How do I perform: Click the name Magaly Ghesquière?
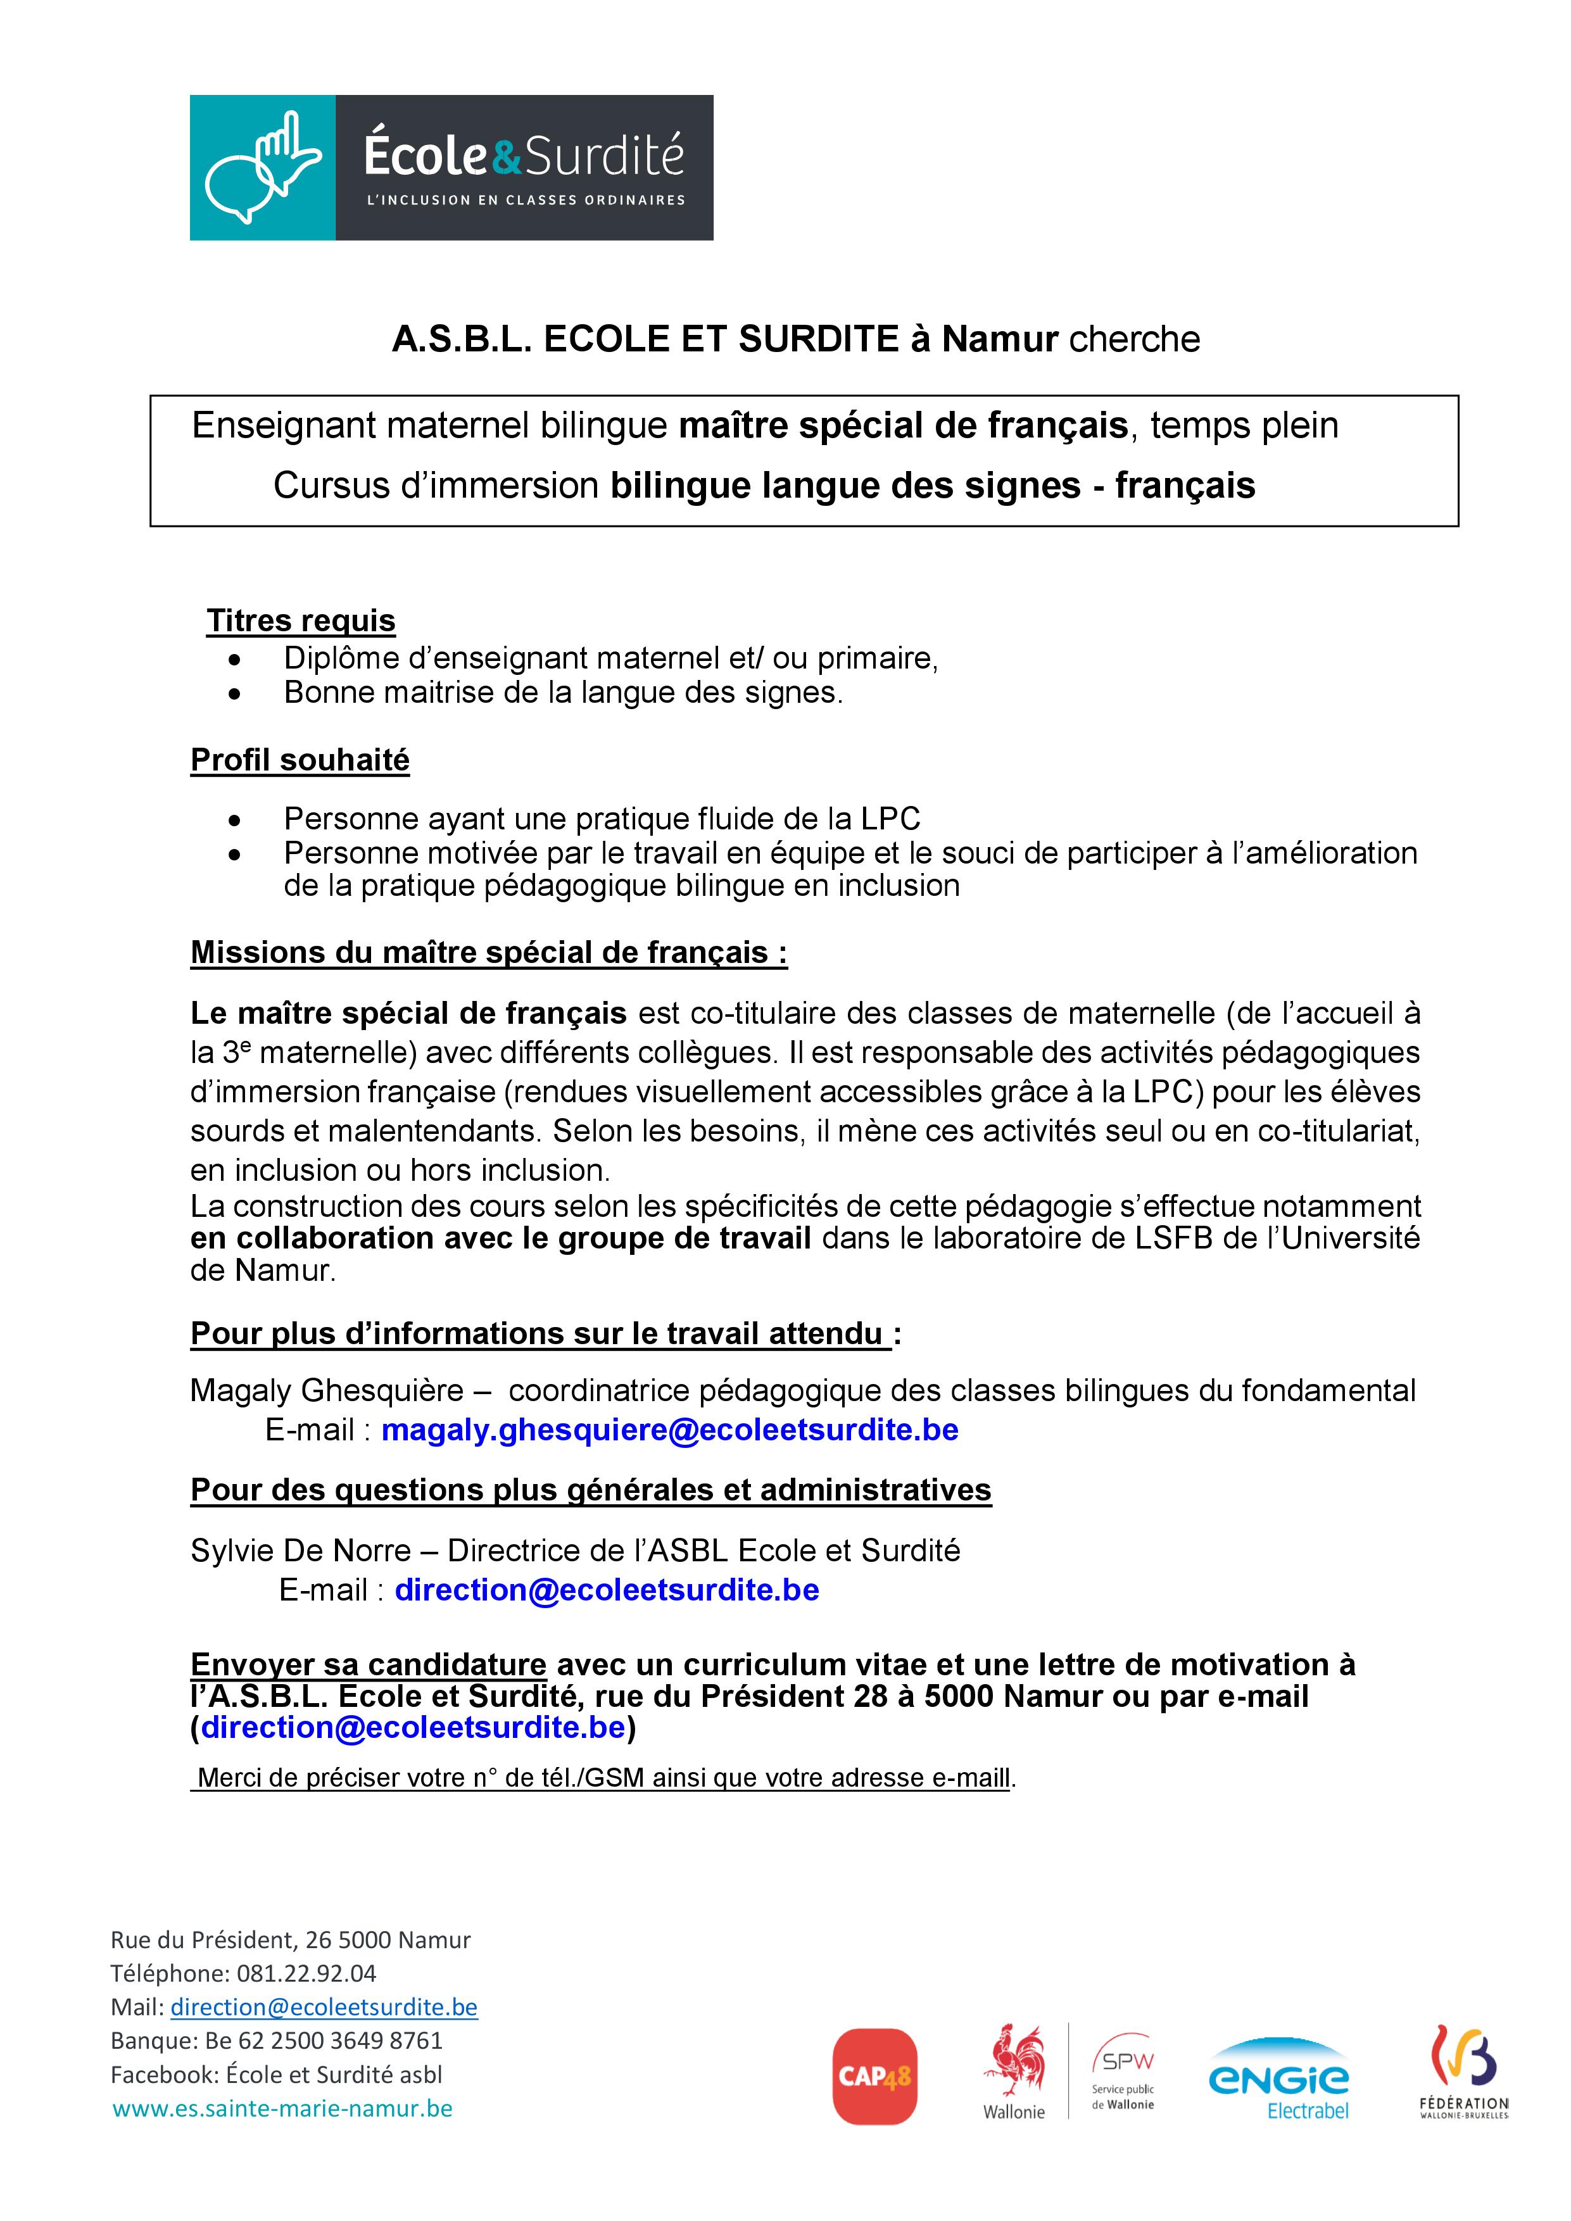tap(327, 1390)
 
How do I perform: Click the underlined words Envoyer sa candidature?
tap(369, 1664)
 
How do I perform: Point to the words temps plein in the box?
tap(1244, 425)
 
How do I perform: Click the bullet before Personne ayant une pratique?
tap(233, 821)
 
